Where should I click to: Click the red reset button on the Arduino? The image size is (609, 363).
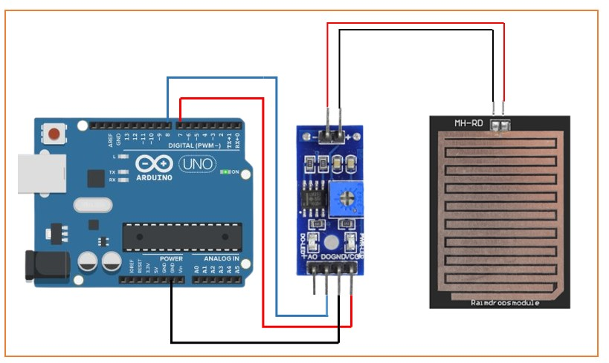click(x=54, y=134)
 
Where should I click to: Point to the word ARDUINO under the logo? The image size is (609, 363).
click(x=155, y=177)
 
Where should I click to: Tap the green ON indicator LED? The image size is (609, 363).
click(x=224, y=172)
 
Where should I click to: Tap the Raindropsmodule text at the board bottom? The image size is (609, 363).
click(x=505, y=302)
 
